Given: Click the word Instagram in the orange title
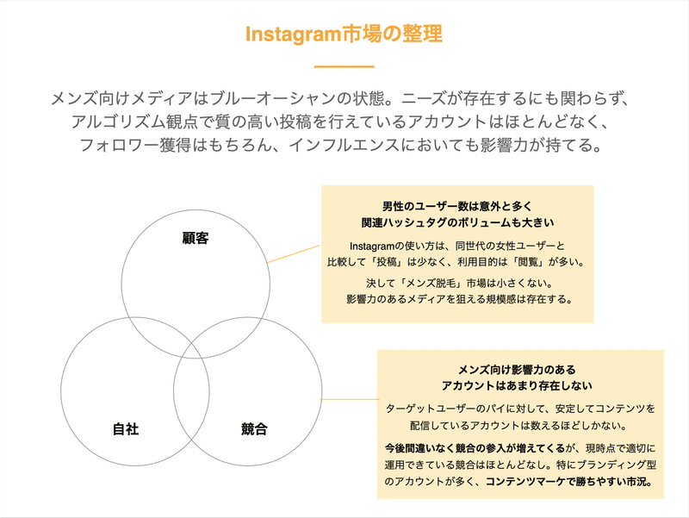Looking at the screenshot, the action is [x=294, y=34].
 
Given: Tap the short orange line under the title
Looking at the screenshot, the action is [x=344, y=67].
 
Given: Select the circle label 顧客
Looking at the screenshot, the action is [x=196, y=239].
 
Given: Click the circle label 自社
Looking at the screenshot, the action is [x=126, y=428].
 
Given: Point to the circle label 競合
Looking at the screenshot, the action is [x=254, y=428].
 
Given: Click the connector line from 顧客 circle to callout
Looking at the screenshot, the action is [x=294, y=254].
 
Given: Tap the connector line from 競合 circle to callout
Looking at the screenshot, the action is [x=350, y=399].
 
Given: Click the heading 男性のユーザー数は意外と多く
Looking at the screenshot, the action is [x=457, y=206].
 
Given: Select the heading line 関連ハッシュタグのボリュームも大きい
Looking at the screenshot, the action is [x=457, y=222].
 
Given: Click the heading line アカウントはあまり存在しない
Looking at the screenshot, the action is [x=517, y=385].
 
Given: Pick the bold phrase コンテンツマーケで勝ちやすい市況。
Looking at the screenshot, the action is [x=568, y=482].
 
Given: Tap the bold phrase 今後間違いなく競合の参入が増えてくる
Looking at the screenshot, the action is [x=475, y=448].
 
